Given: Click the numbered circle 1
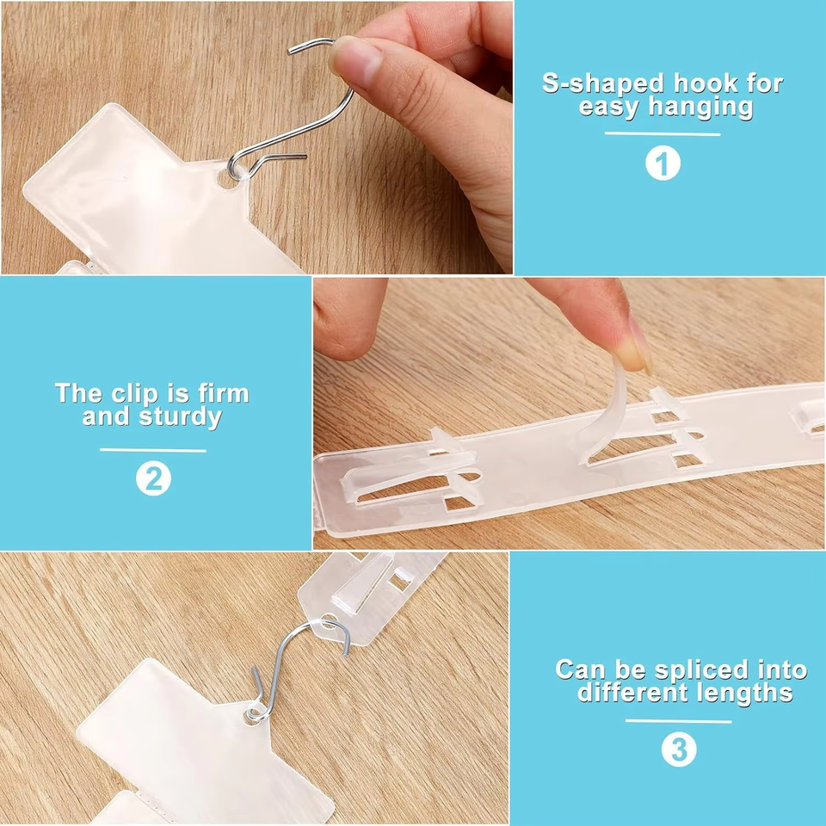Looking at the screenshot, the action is pos(663,163).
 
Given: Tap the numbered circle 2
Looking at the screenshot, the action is pos(153,478).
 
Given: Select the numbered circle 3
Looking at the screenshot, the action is pos(679,749).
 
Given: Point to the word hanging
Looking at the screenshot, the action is pos(700,107).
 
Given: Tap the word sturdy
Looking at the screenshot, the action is pos(181,416).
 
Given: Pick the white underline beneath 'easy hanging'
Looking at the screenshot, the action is pos(663,134).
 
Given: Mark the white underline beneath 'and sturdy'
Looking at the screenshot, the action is pos(153,450).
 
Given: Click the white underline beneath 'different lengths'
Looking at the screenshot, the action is pos(679,721).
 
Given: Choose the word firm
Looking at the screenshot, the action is pos(224,393).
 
